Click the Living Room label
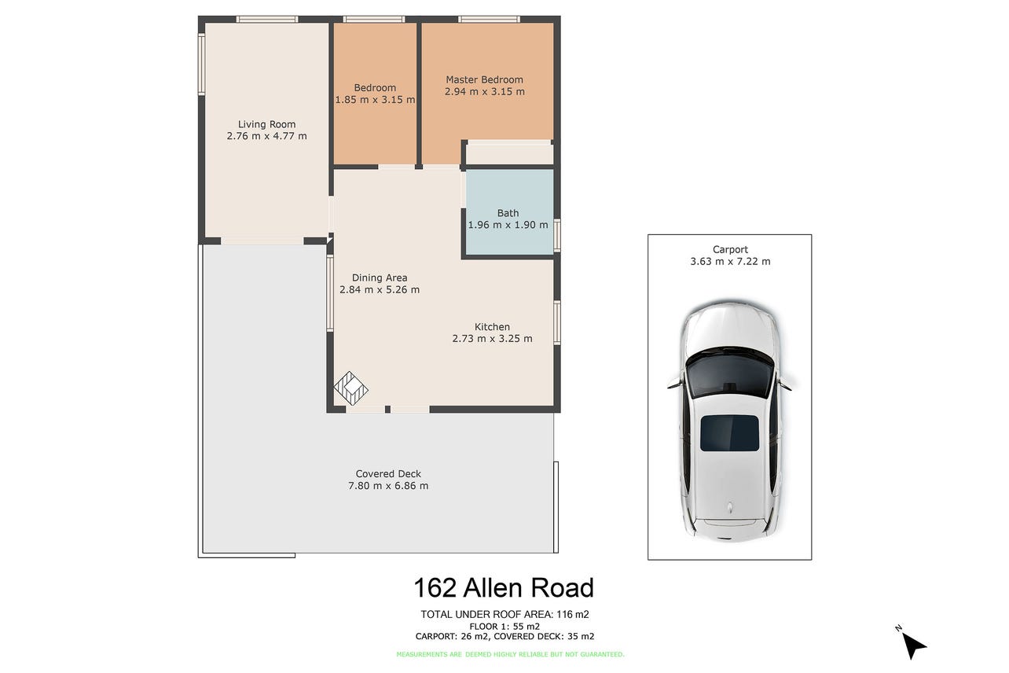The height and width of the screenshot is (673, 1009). (266, 124)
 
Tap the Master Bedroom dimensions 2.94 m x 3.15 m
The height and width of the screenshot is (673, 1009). (485, 91)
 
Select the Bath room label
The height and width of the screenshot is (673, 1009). (508, 213)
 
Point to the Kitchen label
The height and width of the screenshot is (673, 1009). (492, 327)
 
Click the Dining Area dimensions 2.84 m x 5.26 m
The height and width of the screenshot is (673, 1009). (380, 290)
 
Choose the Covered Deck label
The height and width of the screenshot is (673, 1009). (388, 474)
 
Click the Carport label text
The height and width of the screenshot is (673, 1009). (730, 250)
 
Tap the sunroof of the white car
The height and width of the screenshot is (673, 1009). (729, 433)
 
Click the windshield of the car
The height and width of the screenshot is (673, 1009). (730, 374)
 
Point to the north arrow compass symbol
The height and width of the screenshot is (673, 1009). (912, 645)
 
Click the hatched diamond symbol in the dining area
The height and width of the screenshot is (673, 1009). (351, 388)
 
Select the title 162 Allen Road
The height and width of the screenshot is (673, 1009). (504, 588)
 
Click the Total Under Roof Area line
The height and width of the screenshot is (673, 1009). (504, 614)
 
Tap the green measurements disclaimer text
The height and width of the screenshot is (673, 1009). (510, 654)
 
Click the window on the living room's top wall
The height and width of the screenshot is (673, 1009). (267, 19)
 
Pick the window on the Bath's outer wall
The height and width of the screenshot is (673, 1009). (557, 235)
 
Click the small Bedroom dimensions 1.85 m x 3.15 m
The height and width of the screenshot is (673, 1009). (375, 100)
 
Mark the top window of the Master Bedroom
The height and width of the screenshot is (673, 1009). (490, 19)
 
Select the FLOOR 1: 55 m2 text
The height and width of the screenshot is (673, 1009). (504, 627)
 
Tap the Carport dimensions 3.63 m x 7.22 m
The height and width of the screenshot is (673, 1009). (730, 262)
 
